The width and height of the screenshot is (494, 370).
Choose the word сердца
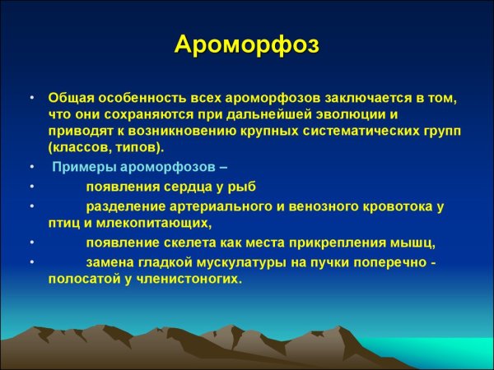189,187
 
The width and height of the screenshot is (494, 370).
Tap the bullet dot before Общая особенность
31,97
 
